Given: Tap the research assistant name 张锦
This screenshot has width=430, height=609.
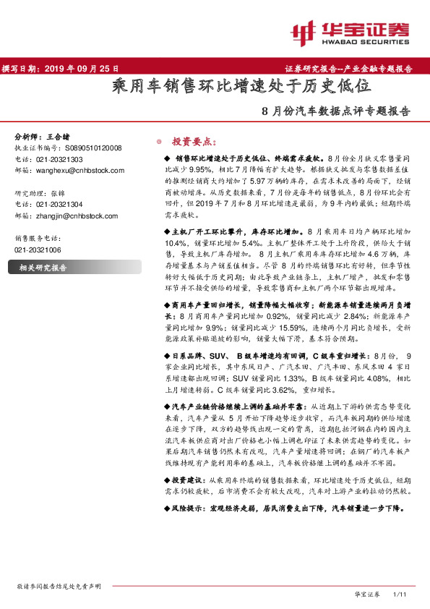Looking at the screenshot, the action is tap(64, 193).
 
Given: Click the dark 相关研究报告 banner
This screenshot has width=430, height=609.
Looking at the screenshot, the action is tap(48, 268).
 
